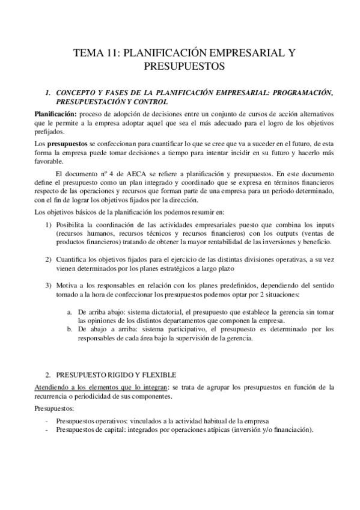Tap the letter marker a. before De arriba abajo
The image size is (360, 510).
point(70,313)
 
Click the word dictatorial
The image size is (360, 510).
point(153,313)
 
